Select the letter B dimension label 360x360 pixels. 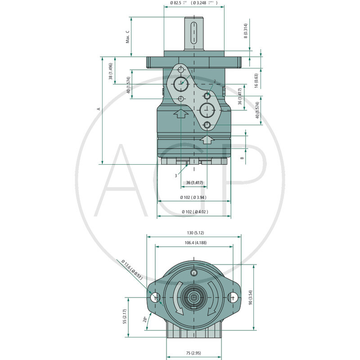(x=242, y=158)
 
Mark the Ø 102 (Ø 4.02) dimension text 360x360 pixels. (x=194, y=211)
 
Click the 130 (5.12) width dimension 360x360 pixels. (x=194, y=233)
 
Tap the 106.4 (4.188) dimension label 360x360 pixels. (x=194, y=243)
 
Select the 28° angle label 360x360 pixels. (x=144, y=320)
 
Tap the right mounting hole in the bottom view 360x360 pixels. (x=233, y=297)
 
